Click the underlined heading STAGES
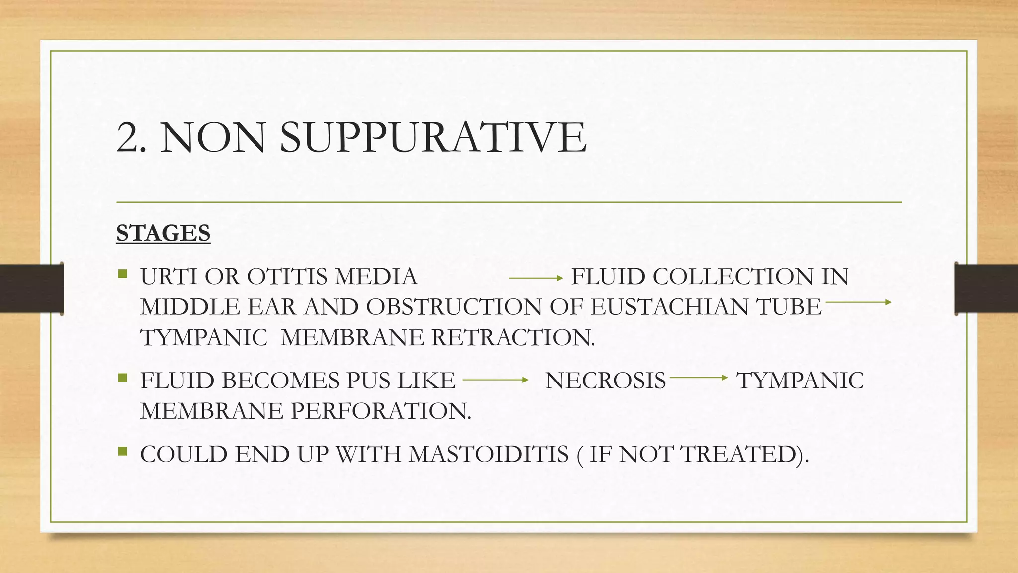click(163, 233)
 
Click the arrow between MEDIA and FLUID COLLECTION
click(535, 278)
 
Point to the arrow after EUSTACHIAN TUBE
click(858, 302)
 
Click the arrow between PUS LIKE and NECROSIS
click(495, 380)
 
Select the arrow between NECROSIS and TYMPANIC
click(698, 378)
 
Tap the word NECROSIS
click(605, 381)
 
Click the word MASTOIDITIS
click(488, 454)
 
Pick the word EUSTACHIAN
click(669, 307)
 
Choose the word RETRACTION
click(512, 338)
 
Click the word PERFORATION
click(380, 411)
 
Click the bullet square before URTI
click(123, 274)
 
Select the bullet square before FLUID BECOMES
click(123, 378)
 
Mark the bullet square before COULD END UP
click(123, 452)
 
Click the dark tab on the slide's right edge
click(986, 288)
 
